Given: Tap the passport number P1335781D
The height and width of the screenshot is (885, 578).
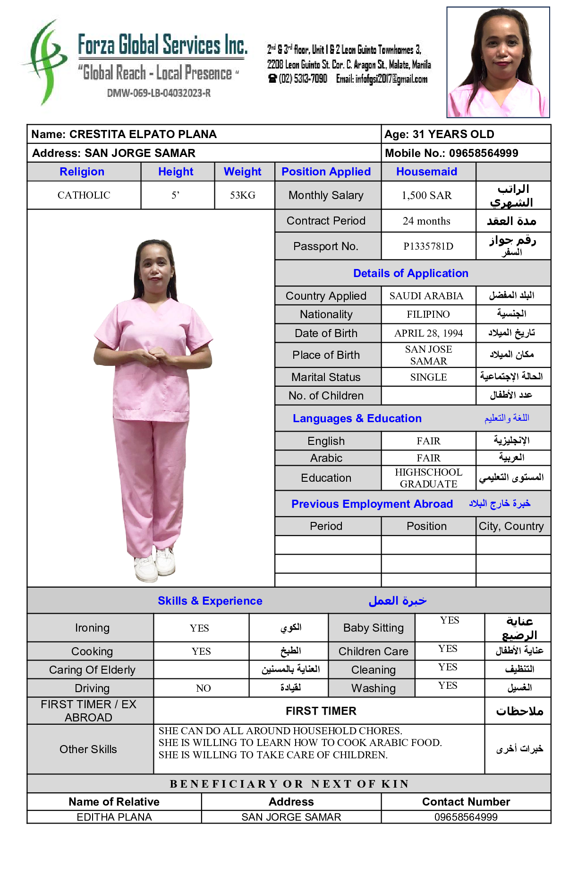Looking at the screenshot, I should pos(428,246).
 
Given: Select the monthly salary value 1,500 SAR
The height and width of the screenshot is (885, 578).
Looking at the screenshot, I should pos(426,195).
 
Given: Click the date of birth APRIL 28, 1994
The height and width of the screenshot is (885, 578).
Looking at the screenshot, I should pos(428,333).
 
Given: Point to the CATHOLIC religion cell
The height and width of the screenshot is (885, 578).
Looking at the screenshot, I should pos(84,195).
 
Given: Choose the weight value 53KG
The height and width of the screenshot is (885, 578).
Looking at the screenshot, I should pos(242,195).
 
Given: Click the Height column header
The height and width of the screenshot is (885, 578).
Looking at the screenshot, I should pos(176,172).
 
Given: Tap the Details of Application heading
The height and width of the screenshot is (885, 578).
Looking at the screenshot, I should pos(410,273).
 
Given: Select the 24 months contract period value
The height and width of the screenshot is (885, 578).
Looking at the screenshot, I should pos(426,221).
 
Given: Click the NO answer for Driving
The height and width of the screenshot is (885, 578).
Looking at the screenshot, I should pos(203,688).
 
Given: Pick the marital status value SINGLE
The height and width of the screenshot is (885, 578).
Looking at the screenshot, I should pos(428,377).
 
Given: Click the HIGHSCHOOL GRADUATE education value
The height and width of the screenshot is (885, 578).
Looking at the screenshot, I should pos(428,478).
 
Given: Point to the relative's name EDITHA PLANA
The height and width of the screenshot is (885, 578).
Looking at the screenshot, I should pos(114,817).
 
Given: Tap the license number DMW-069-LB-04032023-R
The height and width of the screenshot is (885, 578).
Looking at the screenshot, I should pos(159,93).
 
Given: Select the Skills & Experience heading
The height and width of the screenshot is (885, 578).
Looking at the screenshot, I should pos(210,601).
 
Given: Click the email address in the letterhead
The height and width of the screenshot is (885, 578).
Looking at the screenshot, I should pos(382,79).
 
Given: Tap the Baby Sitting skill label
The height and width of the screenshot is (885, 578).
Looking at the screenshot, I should pos(373,628).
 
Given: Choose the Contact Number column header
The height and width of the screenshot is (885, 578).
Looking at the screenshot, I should pos(466,802).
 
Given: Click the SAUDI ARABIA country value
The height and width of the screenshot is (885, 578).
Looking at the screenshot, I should pos(426,296).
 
